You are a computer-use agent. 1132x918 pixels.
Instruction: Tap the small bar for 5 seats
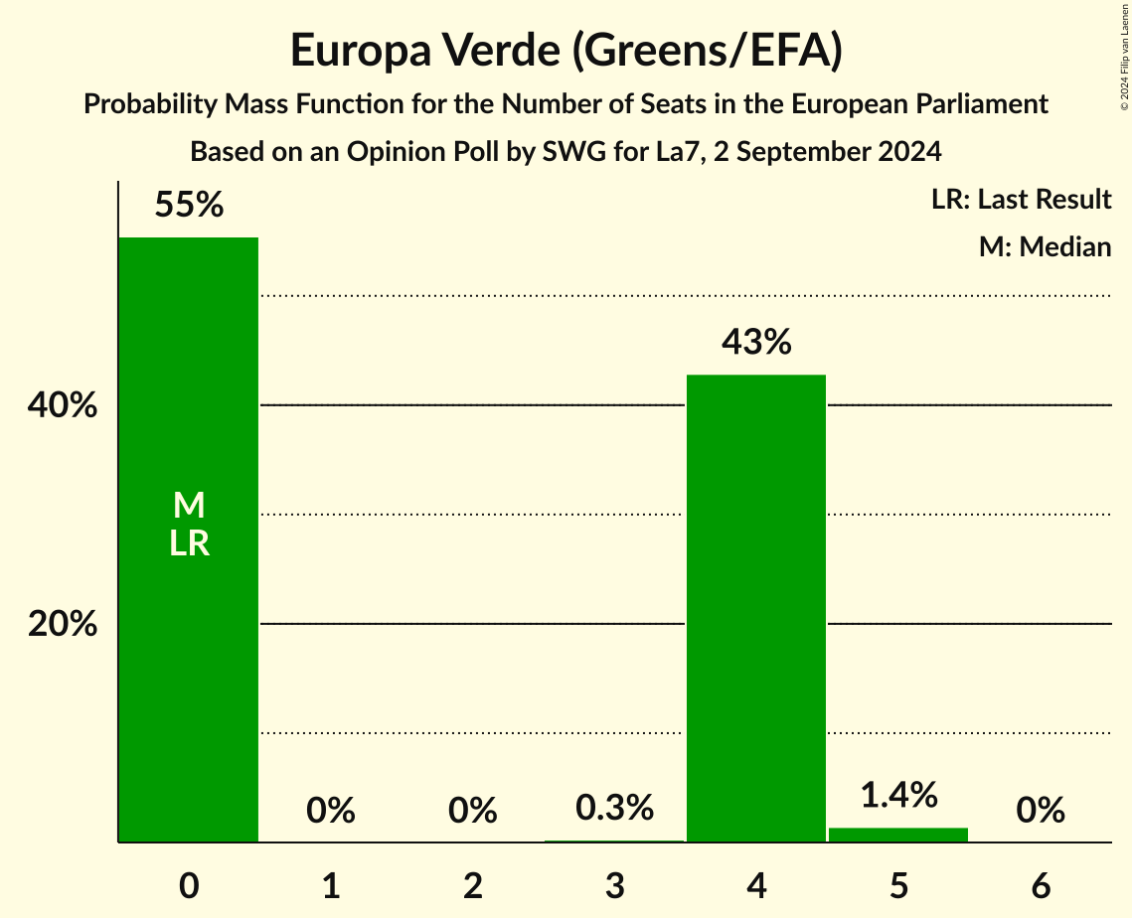898,835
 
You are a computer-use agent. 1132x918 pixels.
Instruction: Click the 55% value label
189,206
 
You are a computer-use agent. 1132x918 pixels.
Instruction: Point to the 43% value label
756,343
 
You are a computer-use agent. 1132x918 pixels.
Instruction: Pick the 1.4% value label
898,796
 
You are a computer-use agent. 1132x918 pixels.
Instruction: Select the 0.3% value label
614,808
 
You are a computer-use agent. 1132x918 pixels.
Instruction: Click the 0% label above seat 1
331,811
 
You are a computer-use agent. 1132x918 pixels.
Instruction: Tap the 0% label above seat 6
1041,811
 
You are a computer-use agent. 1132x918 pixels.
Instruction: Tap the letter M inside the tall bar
189,507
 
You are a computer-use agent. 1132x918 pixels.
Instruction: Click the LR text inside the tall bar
189,543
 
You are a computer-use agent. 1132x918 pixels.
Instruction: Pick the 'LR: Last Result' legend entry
1021,200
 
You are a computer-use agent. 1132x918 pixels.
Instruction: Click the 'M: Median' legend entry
1045,246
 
